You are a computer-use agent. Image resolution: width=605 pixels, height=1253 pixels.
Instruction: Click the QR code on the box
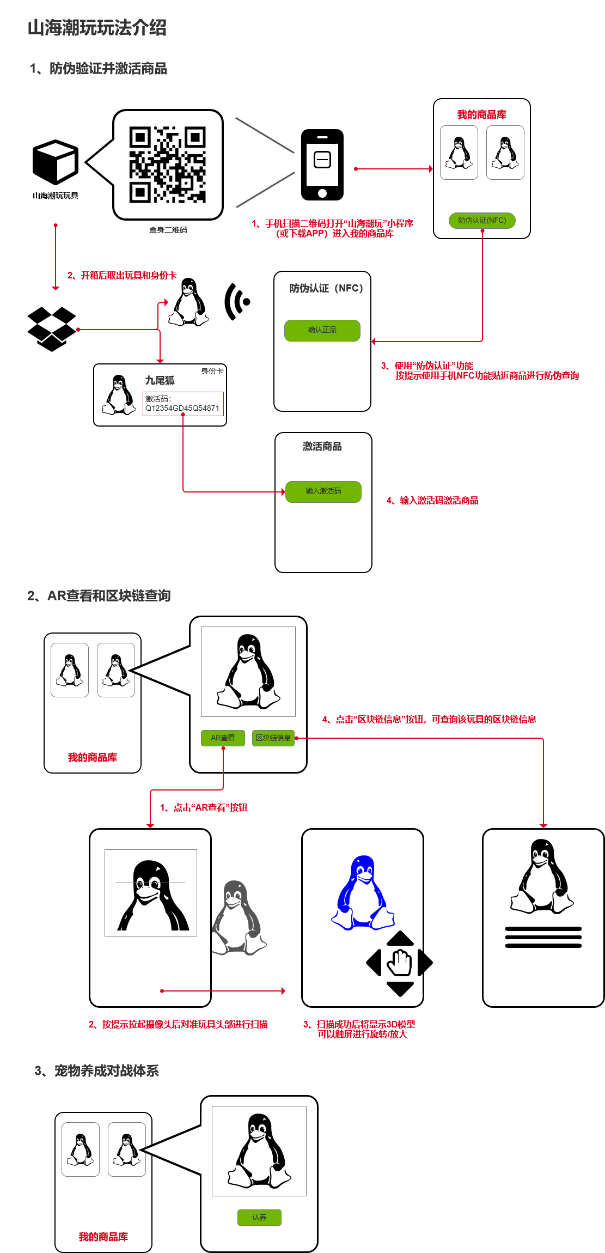tap(168, 165)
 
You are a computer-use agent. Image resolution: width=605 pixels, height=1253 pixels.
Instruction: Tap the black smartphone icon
tap(322, 165)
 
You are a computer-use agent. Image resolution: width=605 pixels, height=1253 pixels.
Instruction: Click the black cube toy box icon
tap(56, 162)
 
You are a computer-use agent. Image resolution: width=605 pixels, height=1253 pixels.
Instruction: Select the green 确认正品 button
tap(322, 330)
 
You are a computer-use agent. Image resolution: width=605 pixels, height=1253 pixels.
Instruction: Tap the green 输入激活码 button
tap(323, 491)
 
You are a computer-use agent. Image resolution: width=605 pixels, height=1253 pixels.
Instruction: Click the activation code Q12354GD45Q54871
tap(182, 408)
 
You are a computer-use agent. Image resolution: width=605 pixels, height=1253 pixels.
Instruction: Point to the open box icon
tap(52, 329)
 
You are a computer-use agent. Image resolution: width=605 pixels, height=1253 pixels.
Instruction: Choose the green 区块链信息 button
tap(273, 738)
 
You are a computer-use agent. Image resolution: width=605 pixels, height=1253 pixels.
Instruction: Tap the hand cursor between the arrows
tap(400, 963)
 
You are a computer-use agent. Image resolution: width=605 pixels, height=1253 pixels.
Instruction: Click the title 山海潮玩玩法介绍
tap(97, 27)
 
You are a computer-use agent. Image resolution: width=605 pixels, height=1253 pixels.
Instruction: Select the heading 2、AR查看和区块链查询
tap(99, 595)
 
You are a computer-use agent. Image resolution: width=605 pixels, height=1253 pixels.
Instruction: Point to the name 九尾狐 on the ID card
tap(160, 380)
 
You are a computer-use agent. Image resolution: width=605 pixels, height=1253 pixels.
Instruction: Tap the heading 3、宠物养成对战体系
tap(97, 1071)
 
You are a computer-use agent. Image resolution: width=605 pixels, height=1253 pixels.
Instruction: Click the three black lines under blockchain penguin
tap(543, 937)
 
